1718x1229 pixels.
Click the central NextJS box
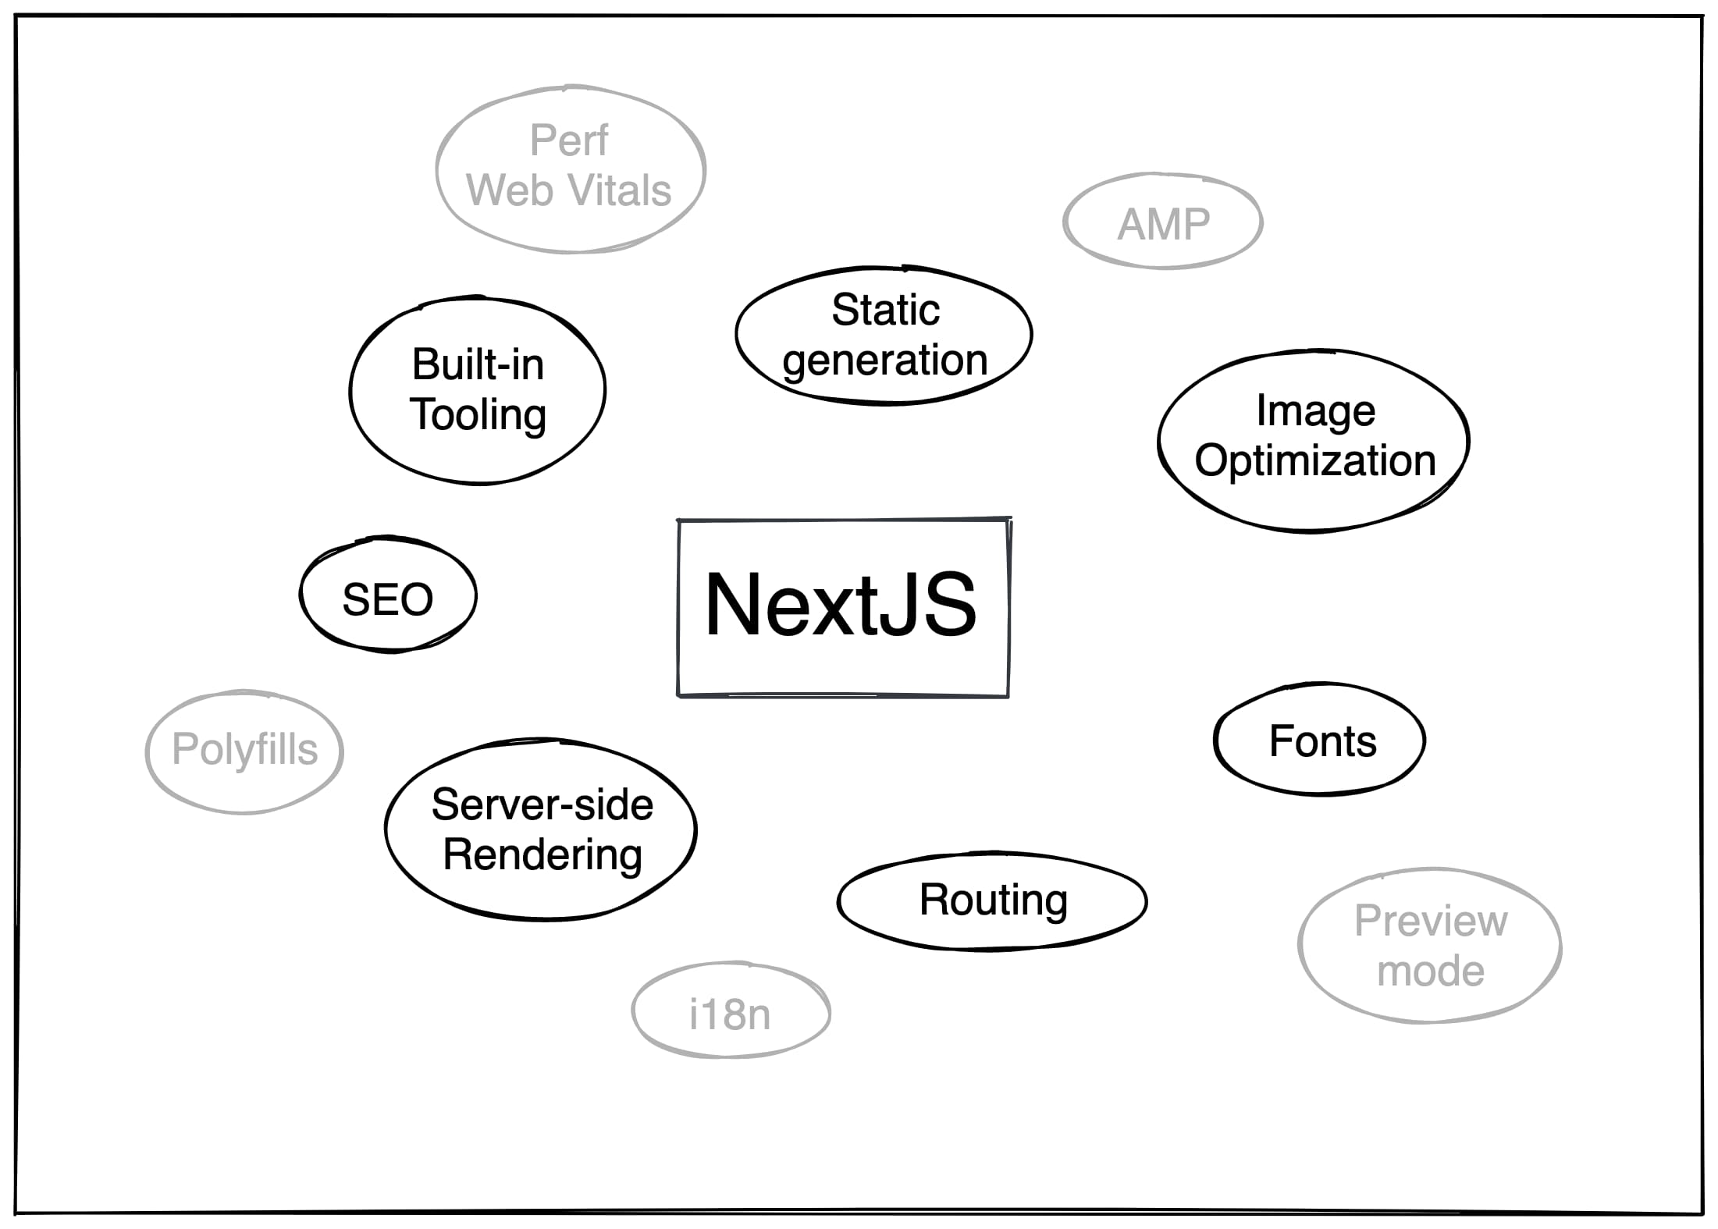(x=843, y=607)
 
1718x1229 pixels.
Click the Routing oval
(x=993, y=900)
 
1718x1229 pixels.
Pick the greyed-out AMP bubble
(x=1163, y=224)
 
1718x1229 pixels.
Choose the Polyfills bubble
(x=244, y=750)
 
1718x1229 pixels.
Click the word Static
(x=885, y=310)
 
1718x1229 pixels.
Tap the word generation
(x=885, y=361)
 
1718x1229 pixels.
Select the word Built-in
(x=478, y=364)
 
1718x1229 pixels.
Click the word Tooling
(x=478, y=414)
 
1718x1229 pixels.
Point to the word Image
(x=1315, y=411)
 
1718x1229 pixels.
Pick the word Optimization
(x=1315, y=460)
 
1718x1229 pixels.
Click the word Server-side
(x=542, y=805)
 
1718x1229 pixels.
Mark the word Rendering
(x=542, y=855)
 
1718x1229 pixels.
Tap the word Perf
(x=569, y=140)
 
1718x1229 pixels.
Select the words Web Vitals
(x=569, y=190)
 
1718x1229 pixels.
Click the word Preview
(x=1431, y=921)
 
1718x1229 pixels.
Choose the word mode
(x=1431, y=971)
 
